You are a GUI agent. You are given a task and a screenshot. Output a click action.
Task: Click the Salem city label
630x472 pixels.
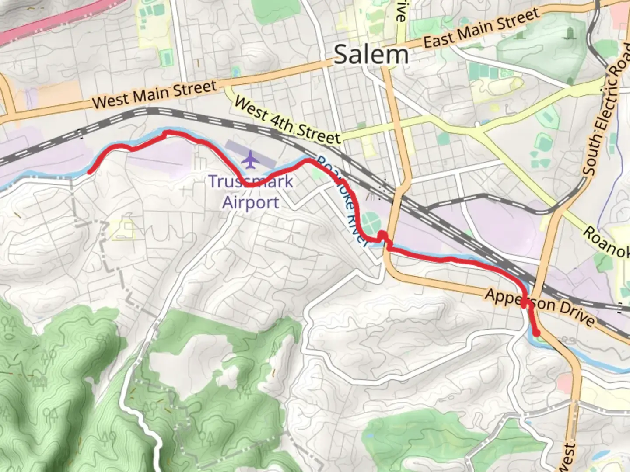point(371,56)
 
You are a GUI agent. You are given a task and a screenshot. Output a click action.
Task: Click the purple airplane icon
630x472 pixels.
point(250,160)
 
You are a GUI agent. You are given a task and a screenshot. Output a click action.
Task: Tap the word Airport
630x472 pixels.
point(251,203)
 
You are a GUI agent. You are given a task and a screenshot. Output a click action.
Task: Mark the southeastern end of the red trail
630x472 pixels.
point(537,334)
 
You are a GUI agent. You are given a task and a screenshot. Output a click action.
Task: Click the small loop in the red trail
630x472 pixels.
point(383,236)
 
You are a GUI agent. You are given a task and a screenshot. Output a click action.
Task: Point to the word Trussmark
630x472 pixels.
point(251,181)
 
